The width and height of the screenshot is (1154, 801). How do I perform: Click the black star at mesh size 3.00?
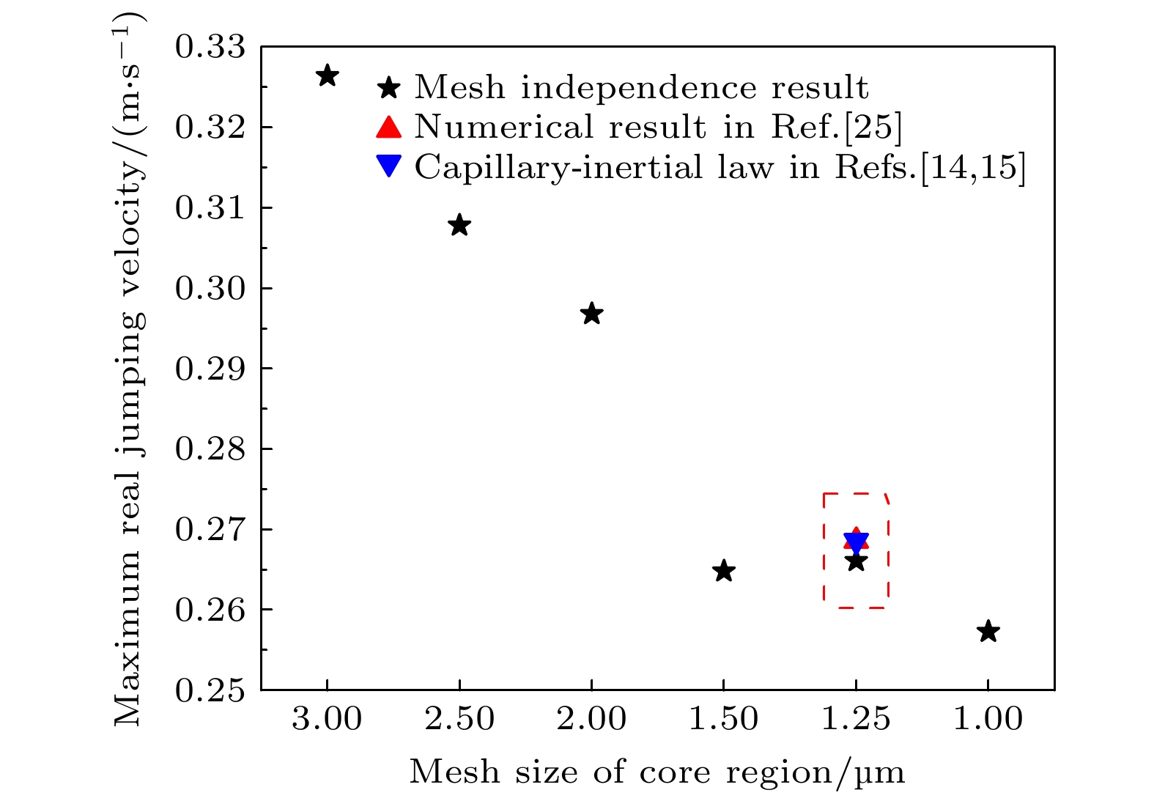click(x=327, y=75)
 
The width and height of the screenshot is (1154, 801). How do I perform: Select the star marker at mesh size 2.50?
click(x=459, y=225)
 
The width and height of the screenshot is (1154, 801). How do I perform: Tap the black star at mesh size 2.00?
click(x=591, y=314)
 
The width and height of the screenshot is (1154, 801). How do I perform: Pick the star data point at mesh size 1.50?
click(x=723, y=570)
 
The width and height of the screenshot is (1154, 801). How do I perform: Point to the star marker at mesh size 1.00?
click(x=988, y=630)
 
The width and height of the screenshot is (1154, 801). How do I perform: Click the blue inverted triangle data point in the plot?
click(x=856, y=542)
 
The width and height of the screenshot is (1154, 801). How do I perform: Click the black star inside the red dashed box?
click(x=856, y=562)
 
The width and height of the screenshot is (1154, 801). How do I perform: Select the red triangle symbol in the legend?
click(x=388, y=128)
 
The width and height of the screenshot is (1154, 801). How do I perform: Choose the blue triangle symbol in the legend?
click(x=388, y=166)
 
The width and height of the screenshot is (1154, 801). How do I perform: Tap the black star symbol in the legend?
click(x=388, y=89)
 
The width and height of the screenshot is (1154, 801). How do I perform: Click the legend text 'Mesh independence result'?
click(x=641, y=89)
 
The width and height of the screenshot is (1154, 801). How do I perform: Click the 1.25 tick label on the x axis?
click(x=856, y=719)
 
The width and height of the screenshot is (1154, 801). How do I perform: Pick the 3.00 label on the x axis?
click(x=327, y=719)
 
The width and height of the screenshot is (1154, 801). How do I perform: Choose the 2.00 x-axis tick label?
click(x=591, y=719)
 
